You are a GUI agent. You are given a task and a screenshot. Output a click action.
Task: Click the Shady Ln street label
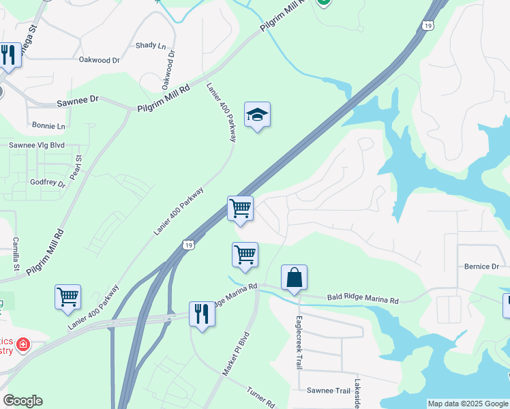(x=151, y=46)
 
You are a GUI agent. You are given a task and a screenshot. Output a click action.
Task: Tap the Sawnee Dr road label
(x=78, y=99)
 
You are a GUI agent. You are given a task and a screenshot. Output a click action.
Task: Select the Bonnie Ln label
(x=48, y=126)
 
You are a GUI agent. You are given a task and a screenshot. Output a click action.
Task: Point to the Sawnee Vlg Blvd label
(x=36, y=145)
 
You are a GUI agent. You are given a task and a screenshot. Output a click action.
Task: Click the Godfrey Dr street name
(x=48, y=183)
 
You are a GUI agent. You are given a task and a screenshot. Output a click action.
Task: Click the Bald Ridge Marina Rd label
(x=362, y=299)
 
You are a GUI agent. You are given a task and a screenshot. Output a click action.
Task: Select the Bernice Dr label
(x=482, y=267)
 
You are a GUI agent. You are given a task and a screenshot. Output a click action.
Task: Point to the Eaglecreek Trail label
(x=299, y=342)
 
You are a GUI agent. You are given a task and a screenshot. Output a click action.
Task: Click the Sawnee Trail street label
(x=328, y=391)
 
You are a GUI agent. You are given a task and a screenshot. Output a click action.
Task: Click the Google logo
(x=22, y=401)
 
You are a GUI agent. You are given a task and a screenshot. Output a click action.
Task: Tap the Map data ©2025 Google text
(x=467, y=404)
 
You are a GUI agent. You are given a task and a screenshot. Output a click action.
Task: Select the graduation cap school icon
(x=257, y=115)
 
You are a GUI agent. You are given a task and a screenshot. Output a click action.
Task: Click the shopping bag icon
(x=294, y=277)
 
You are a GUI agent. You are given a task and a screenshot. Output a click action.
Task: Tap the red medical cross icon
(x=23, y=344)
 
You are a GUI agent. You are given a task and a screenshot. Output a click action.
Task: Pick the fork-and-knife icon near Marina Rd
(x=202, y=314)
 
